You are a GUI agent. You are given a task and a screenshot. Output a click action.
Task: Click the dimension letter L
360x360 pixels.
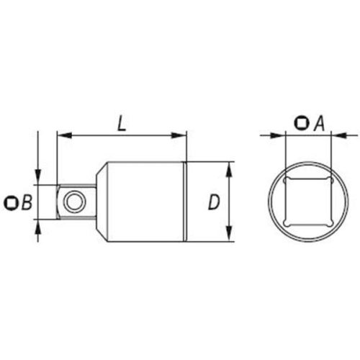pyautogui.click(x=122, y=122)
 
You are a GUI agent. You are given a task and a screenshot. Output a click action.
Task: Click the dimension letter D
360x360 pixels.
pyautogui.click(x=213, y=203)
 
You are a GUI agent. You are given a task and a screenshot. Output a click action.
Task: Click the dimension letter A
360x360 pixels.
pyautogui.click(x=316, y=124)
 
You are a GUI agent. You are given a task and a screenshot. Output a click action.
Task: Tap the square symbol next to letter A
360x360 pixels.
pyautogui.click(x=300, y=124)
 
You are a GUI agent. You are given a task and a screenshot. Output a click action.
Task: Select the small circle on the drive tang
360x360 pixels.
pyautogui.click(x=72, y=202)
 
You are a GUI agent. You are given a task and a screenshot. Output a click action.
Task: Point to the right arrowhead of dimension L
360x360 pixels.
pyautogui.click(x=181, y=135)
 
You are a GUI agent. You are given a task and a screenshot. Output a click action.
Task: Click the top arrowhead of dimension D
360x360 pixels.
pyautogui.click(x=229, y=167)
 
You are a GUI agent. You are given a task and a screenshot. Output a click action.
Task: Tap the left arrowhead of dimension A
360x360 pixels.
pyautogui.click(x=274, y=135)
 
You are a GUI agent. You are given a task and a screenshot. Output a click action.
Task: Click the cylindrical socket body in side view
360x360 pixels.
pyautogui.click(x=144, y=202)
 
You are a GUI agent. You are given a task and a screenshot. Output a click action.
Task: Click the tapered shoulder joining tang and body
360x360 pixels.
pyautogui.click(x=99, y=202)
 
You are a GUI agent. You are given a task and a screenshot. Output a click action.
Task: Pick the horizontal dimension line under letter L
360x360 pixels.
pyautogui.click(x=122, y=135)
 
